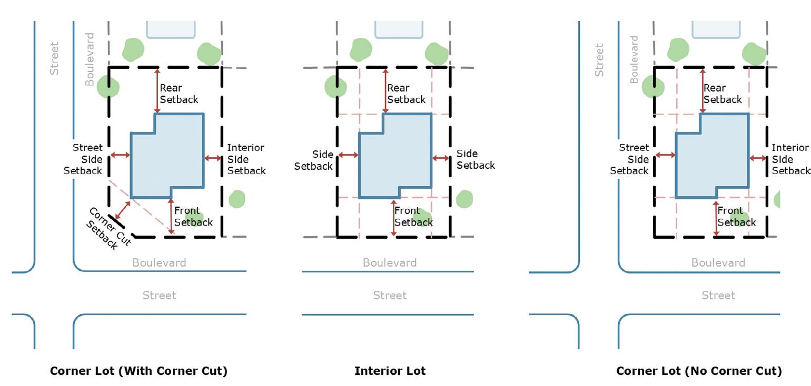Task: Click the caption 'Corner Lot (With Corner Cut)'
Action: click(139, 371)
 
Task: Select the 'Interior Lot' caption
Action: click(390, 371)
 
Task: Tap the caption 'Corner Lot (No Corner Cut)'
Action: click(699, 371)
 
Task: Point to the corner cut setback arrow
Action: click(122, 210)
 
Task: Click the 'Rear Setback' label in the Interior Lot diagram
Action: click(406, 94)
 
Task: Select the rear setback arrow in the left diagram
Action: click(157, 90)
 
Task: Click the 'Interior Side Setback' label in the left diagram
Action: click(246, 159)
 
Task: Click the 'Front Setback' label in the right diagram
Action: click(736, 217)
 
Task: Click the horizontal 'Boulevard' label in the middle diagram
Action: click(389, 262)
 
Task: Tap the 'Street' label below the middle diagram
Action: click(390, 296)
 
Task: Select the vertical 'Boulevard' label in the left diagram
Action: click(90, 59)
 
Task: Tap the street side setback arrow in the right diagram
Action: click(665, 155)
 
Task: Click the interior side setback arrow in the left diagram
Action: click(213, 158)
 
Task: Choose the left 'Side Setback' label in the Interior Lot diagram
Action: click(314, 160)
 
